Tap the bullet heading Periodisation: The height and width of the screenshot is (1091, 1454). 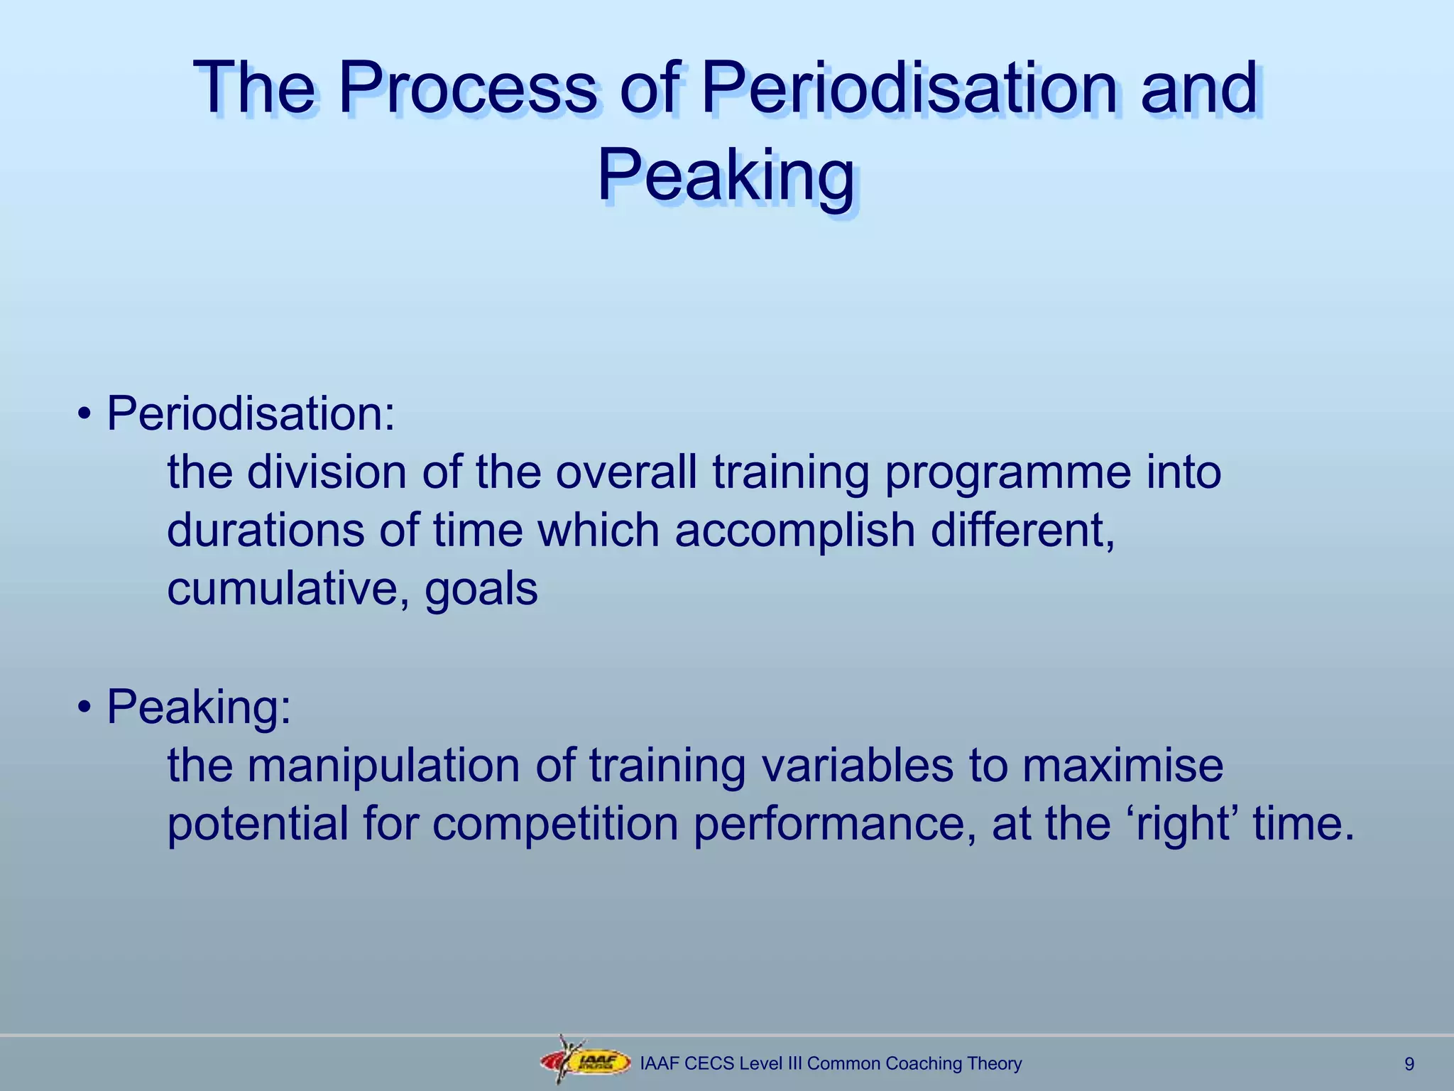point(251,414)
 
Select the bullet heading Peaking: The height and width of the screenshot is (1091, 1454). point(199,707)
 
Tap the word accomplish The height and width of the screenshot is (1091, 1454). point(794,531)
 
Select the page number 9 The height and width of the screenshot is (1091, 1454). point(1409,1064)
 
